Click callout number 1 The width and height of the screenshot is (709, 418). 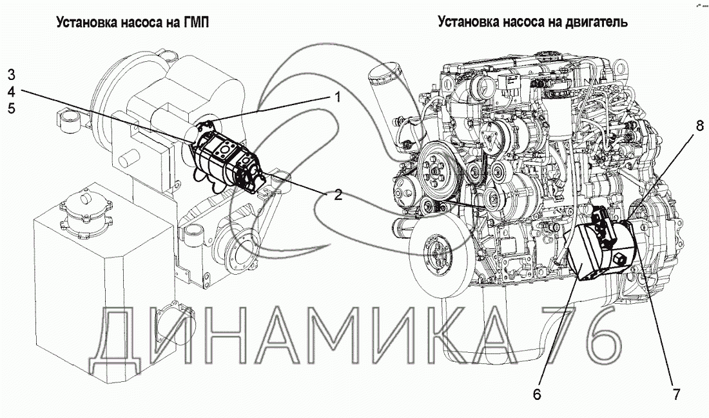[x=337, y=97]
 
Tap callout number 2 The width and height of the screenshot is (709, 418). [x=338, y=195]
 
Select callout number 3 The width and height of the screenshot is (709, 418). [x=12, y=75]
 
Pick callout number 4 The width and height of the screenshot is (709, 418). [x=12, y=92]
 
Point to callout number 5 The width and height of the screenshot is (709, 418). [x=12, y=108]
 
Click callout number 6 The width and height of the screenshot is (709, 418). [x=537, y=395]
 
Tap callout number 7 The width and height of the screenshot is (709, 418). [x=676, y=395]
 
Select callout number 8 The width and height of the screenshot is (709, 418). [x=700, y=125]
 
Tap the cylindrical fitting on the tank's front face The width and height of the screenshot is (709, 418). [x=173, y=323]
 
